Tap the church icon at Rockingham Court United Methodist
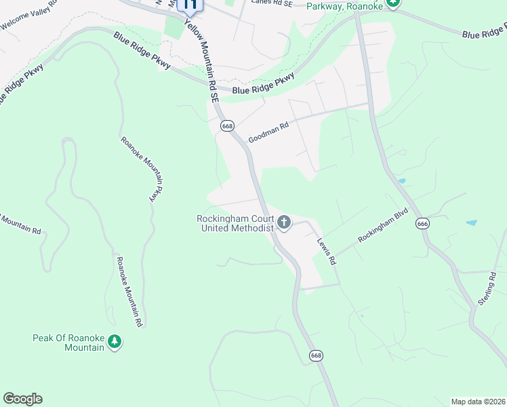pos(284,222)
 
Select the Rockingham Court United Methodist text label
pos(235,223)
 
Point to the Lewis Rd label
pos(327,250)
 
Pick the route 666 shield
pos(423,224)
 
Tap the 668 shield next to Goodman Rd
pos(227,126)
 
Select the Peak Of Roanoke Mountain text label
pos(68,343)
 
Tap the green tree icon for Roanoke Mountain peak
pos(115,342)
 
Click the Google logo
pos(22,399)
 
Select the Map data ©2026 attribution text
pos(478,402)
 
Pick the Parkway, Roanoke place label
pos(344,6)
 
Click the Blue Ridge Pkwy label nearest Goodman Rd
pos(263,85)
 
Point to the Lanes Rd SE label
pos(271,2)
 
